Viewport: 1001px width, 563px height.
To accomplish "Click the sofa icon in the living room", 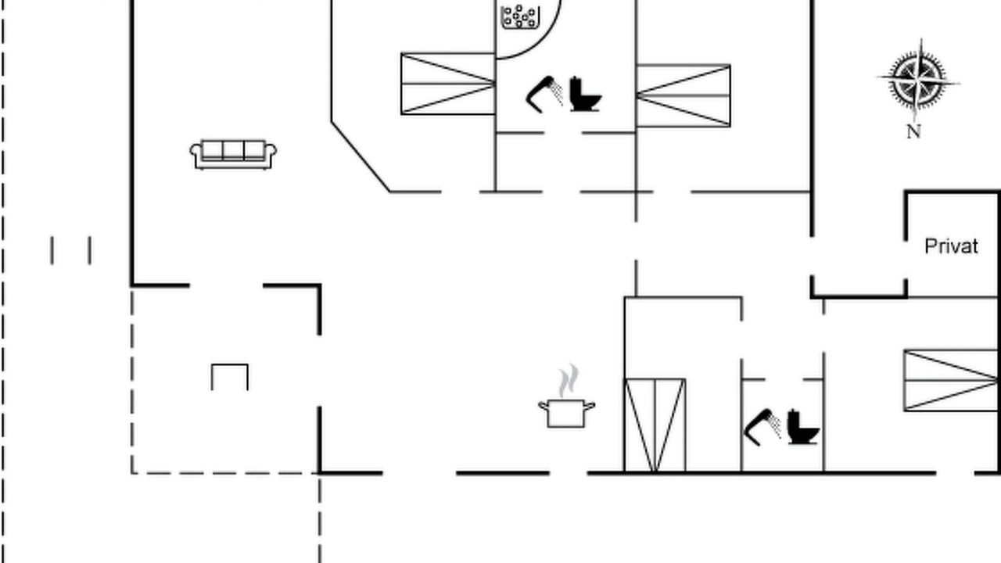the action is point(233,155).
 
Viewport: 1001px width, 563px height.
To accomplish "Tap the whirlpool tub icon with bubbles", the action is point(521,17).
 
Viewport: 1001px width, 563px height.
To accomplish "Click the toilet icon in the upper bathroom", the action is point(586,95).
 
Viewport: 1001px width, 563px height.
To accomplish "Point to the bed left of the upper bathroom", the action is point(448,84).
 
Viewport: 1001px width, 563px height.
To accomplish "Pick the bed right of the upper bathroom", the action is point(683,95).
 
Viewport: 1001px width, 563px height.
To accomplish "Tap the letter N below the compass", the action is point(914,132).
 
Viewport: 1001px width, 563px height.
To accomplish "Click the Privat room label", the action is point(952,246).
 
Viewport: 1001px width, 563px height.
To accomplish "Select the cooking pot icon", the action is point(566,414).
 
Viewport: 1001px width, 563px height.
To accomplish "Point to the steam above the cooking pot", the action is point(569,380).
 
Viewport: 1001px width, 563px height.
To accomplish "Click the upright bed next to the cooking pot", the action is point(655,425).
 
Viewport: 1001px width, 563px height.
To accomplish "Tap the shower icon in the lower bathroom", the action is point(762,427).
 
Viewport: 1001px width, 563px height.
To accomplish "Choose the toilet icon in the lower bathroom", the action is point(803,427).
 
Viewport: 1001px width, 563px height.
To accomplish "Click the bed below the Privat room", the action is point(950,380).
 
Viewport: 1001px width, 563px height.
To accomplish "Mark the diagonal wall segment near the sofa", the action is point(361,156).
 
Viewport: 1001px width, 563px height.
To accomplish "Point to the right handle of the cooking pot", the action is point(590,406).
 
